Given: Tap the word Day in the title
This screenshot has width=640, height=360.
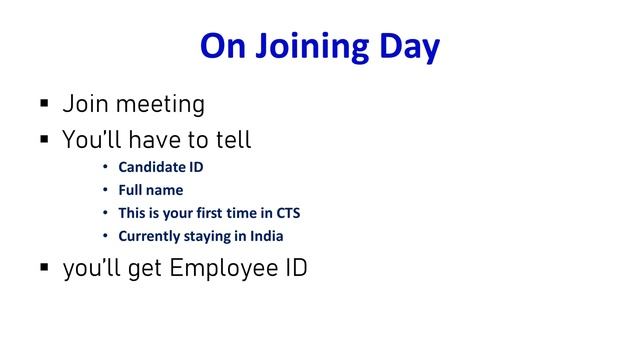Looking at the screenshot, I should pyautogui.click(x=408, y=47).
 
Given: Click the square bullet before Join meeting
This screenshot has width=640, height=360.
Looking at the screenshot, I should pyautogui.click(x=44, y=104).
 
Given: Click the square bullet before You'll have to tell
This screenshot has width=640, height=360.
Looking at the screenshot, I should pyautogui.click(x=44, y=140).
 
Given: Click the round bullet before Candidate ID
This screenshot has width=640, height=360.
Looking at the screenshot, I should pyautogui.click(x=105, y=167).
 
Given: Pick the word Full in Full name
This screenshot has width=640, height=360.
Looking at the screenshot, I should pyautogui.click(x=130, y=190).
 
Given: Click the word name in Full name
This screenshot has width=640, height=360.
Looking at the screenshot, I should pyautogui.click(x=165, y=190).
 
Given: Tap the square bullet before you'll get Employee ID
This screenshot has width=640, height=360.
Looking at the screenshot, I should pyautogui.click(x=44, y=269).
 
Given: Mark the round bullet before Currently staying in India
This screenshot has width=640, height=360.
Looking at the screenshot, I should pyautogui.click(x=105, y=236).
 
